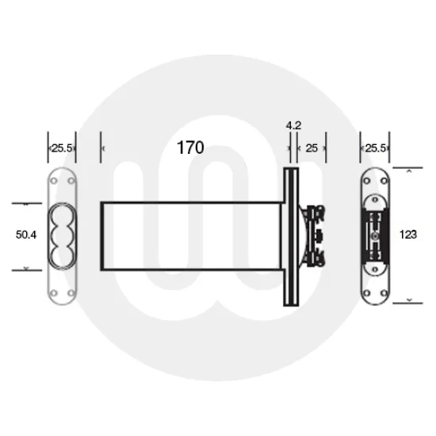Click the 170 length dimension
190,147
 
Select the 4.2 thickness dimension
293,124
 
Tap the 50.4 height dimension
27,235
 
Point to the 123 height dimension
409,235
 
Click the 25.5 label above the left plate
63,147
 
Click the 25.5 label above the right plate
376,147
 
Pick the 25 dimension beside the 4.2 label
312,147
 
